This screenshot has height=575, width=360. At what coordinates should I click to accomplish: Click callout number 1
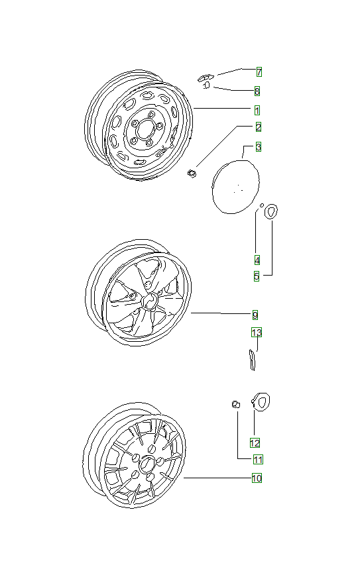click(256, 109)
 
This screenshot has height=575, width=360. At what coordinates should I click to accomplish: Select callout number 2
click(258, 127)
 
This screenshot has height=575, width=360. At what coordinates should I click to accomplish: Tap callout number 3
click(258, 146)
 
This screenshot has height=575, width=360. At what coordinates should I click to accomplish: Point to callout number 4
click(257, 259)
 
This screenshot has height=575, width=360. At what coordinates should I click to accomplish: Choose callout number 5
click(257, 276)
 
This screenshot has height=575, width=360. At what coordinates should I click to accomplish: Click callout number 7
click(259, 72)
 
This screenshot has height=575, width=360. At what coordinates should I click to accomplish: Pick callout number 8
click(257, 91)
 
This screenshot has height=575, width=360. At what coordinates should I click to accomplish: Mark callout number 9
click(255, 315)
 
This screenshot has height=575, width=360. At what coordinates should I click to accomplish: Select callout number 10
click(256, 478)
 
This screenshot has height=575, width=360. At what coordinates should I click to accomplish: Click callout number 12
click(255, 442)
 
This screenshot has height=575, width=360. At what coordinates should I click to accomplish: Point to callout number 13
click(257, 332)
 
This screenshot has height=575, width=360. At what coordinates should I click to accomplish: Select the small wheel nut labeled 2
click(192, 174)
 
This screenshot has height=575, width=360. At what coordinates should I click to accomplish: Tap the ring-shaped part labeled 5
click(270, 212)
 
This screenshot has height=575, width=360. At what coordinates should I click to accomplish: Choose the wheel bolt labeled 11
click(235, 404)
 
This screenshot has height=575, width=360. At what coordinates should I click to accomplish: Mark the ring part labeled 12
click(261, 401)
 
